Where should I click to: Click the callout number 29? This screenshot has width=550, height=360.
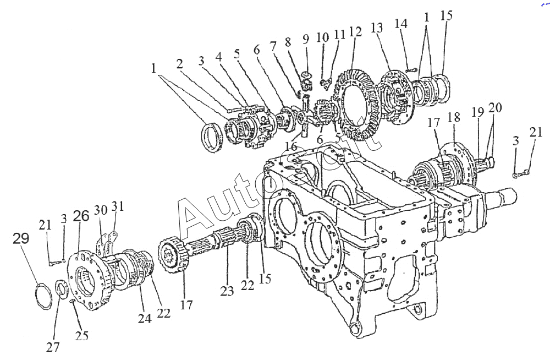click(x=20, y=239)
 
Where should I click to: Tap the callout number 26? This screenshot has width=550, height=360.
click(x=81, y=217)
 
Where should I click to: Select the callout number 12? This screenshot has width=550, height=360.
click(x=355, y=32)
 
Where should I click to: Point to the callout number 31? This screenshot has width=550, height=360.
click(x=118, y=206)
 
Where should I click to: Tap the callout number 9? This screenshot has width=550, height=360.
click(x=306, y=39)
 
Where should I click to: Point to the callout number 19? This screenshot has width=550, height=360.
click(x=476, y=113)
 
